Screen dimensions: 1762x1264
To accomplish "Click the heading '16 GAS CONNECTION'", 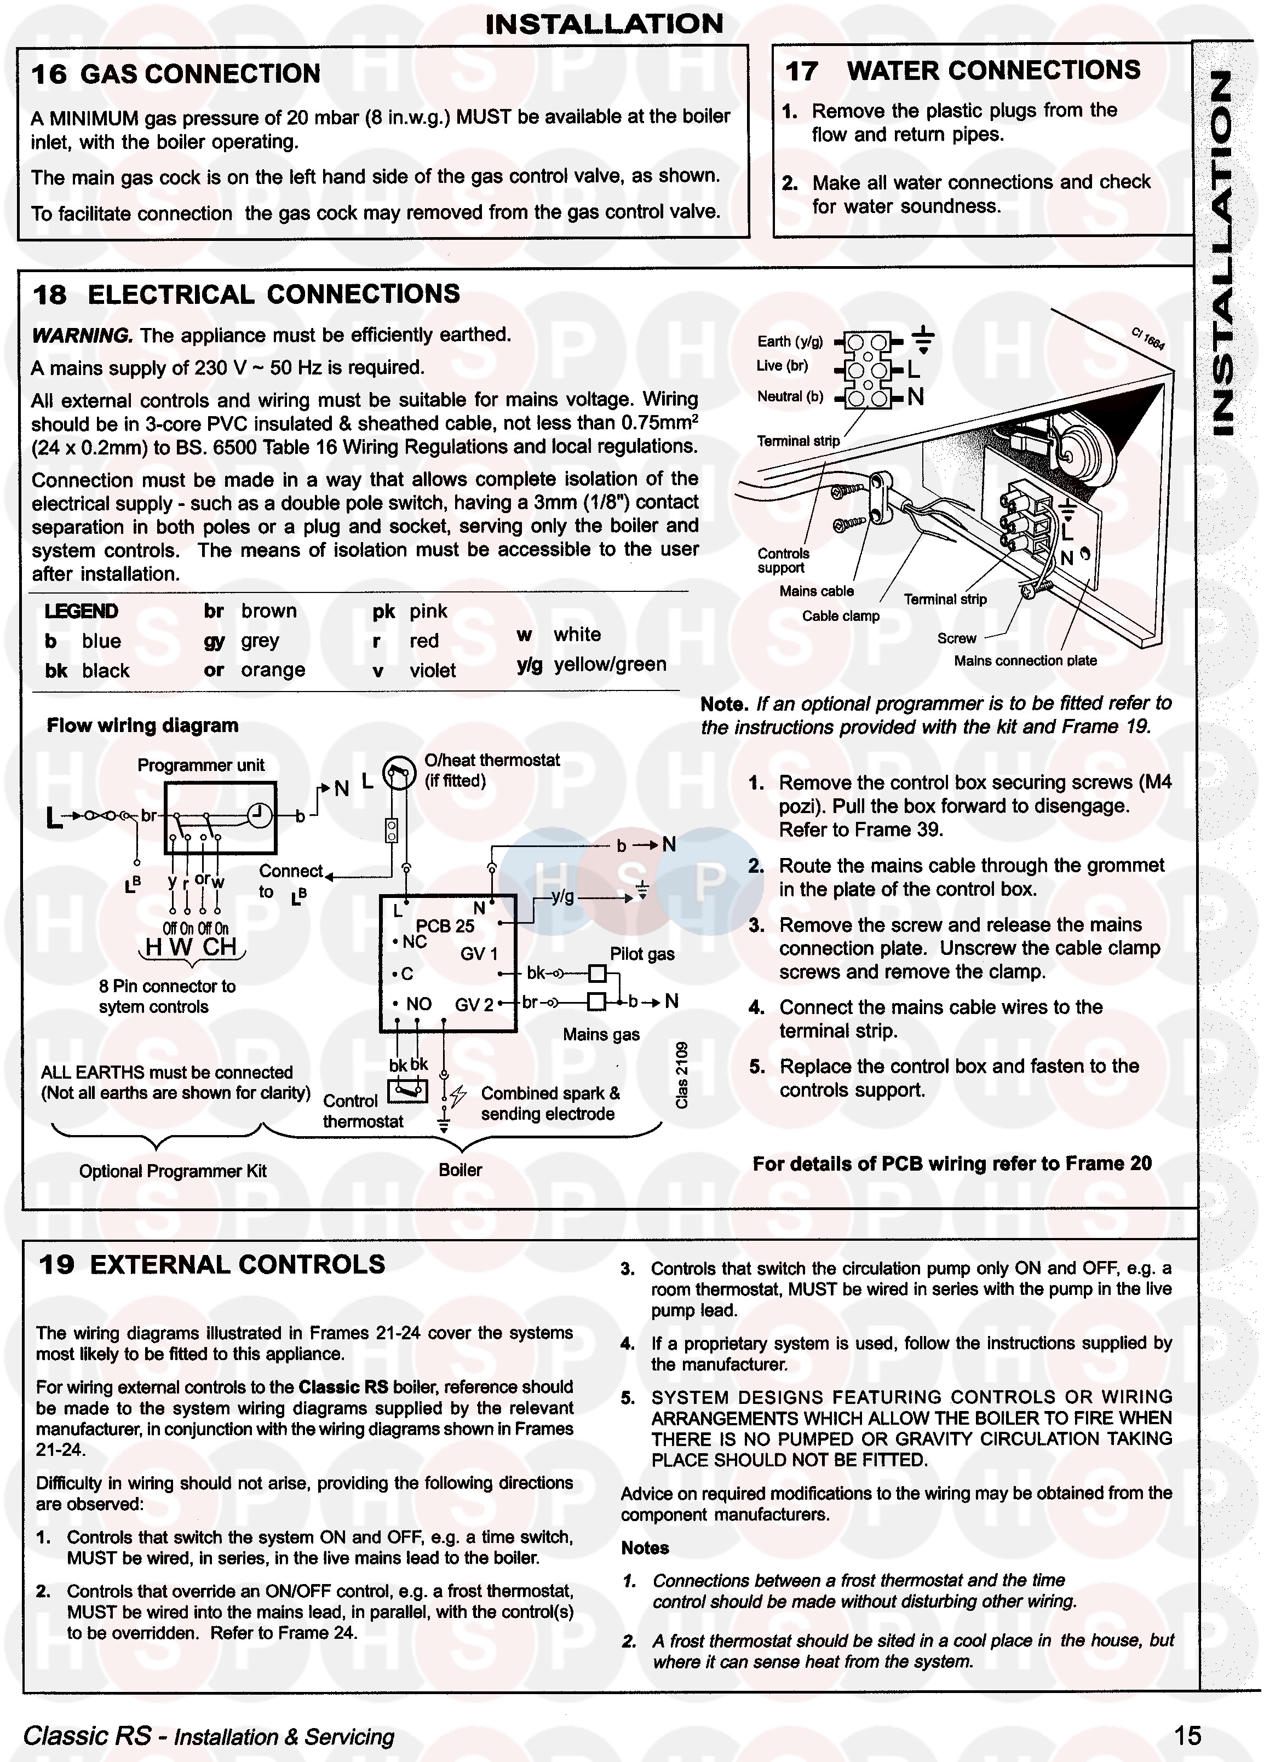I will click(176, 74).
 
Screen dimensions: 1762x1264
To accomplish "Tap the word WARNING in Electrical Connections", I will click(82, 336).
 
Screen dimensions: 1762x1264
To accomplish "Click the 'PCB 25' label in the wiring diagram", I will click(444, 925).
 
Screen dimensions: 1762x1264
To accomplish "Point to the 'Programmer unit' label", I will click(200, 765).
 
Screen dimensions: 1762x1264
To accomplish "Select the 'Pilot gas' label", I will click(642, 954).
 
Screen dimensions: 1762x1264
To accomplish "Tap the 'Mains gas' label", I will click(601, 1034).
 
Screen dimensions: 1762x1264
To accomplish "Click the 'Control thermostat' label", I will click(362, 1111).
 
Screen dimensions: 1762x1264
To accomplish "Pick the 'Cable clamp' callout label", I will click(841, 616).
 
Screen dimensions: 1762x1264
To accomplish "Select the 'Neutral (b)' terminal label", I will click(790, 397).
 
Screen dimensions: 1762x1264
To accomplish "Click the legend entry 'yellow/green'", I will click(610, 664).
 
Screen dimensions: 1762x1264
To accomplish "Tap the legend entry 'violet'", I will click(433, 670).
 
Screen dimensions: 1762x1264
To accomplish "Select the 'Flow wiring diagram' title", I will click(142, 725).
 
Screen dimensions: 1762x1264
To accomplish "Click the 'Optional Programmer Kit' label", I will click(173, 1171).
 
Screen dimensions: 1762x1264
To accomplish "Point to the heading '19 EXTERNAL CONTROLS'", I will click(212, 1264).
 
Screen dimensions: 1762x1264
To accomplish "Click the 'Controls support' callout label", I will click(783, 561).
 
